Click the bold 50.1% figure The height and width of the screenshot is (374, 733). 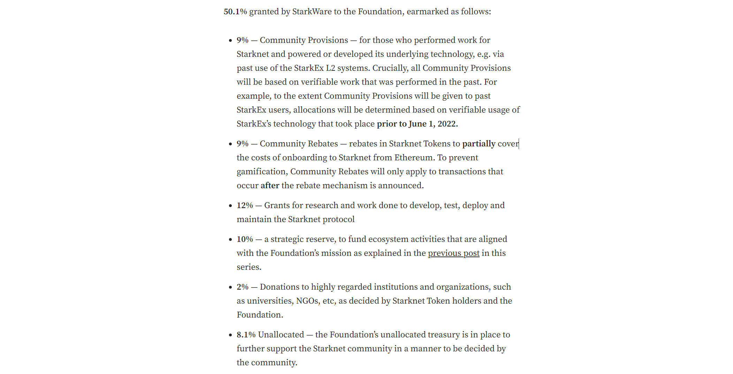pyautogui.click(x=235, y=12)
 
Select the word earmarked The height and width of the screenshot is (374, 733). pyautogui.click(x=427, y=12)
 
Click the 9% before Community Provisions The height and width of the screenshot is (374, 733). pyautogui.click(x=243, y=40)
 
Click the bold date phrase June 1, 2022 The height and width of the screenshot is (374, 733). pyautogui.click(x=433, y=124)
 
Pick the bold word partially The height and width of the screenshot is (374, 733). pyautogui.click(x=479, y=144)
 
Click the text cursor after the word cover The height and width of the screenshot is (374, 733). pyautogui.click(x=519, y=144)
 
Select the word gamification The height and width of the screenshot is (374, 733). pyautogui.click(x=261, y=171)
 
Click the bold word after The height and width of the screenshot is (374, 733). pyautogui.click(x=270, y=185)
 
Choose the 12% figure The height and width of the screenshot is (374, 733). pyautogui.click(x=245, y=205)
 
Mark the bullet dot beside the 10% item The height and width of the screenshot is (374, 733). pyautogui.click(x=230, y=239)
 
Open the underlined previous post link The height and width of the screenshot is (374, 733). pyautogui.click(x=453, y=253)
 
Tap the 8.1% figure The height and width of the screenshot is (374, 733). pyautogui.click(x=246, y=335)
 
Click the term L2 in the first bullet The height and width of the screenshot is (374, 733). pyautogui.click(x=330, y=68)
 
